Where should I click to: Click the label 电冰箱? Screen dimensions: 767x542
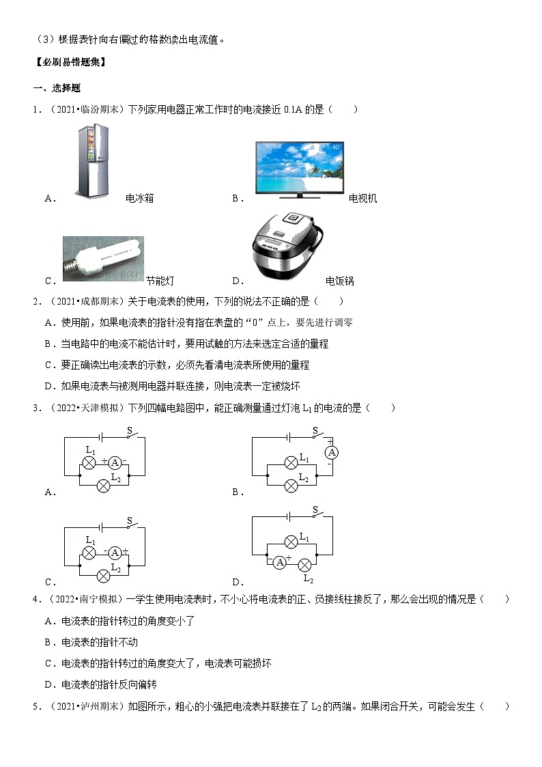click(x=140, y=199)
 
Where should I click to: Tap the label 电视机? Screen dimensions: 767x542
click(x=362, y=199)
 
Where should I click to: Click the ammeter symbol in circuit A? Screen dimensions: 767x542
click(x=115, y=462)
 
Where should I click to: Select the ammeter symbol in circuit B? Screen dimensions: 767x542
click(x=332, y=452)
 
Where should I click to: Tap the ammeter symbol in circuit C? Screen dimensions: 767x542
click(x=115, y=552)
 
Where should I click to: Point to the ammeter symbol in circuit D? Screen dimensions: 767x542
click(x=279, y=563)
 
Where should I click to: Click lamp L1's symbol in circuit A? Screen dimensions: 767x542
click(x=88, y=462)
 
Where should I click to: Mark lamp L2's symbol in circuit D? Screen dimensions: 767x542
click(x=306, y=563)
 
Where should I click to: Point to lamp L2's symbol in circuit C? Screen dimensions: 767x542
click(x=103, y=576)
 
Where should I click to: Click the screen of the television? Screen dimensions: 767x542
click(x=299, y=166)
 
